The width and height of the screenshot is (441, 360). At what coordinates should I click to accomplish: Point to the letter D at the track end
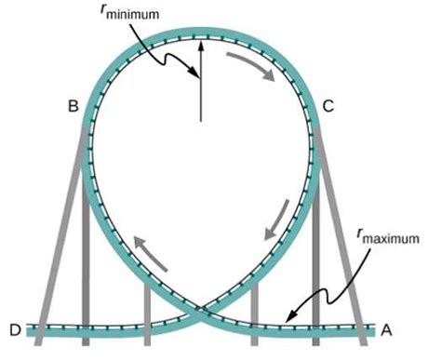(x=14, y=329)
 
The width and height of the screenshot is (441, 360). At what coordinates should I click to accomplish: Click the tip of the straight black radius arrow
(x=198, y=43)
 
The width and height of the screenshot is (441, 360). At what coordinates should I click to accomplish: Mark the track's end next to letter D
(x=30, y=329)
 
